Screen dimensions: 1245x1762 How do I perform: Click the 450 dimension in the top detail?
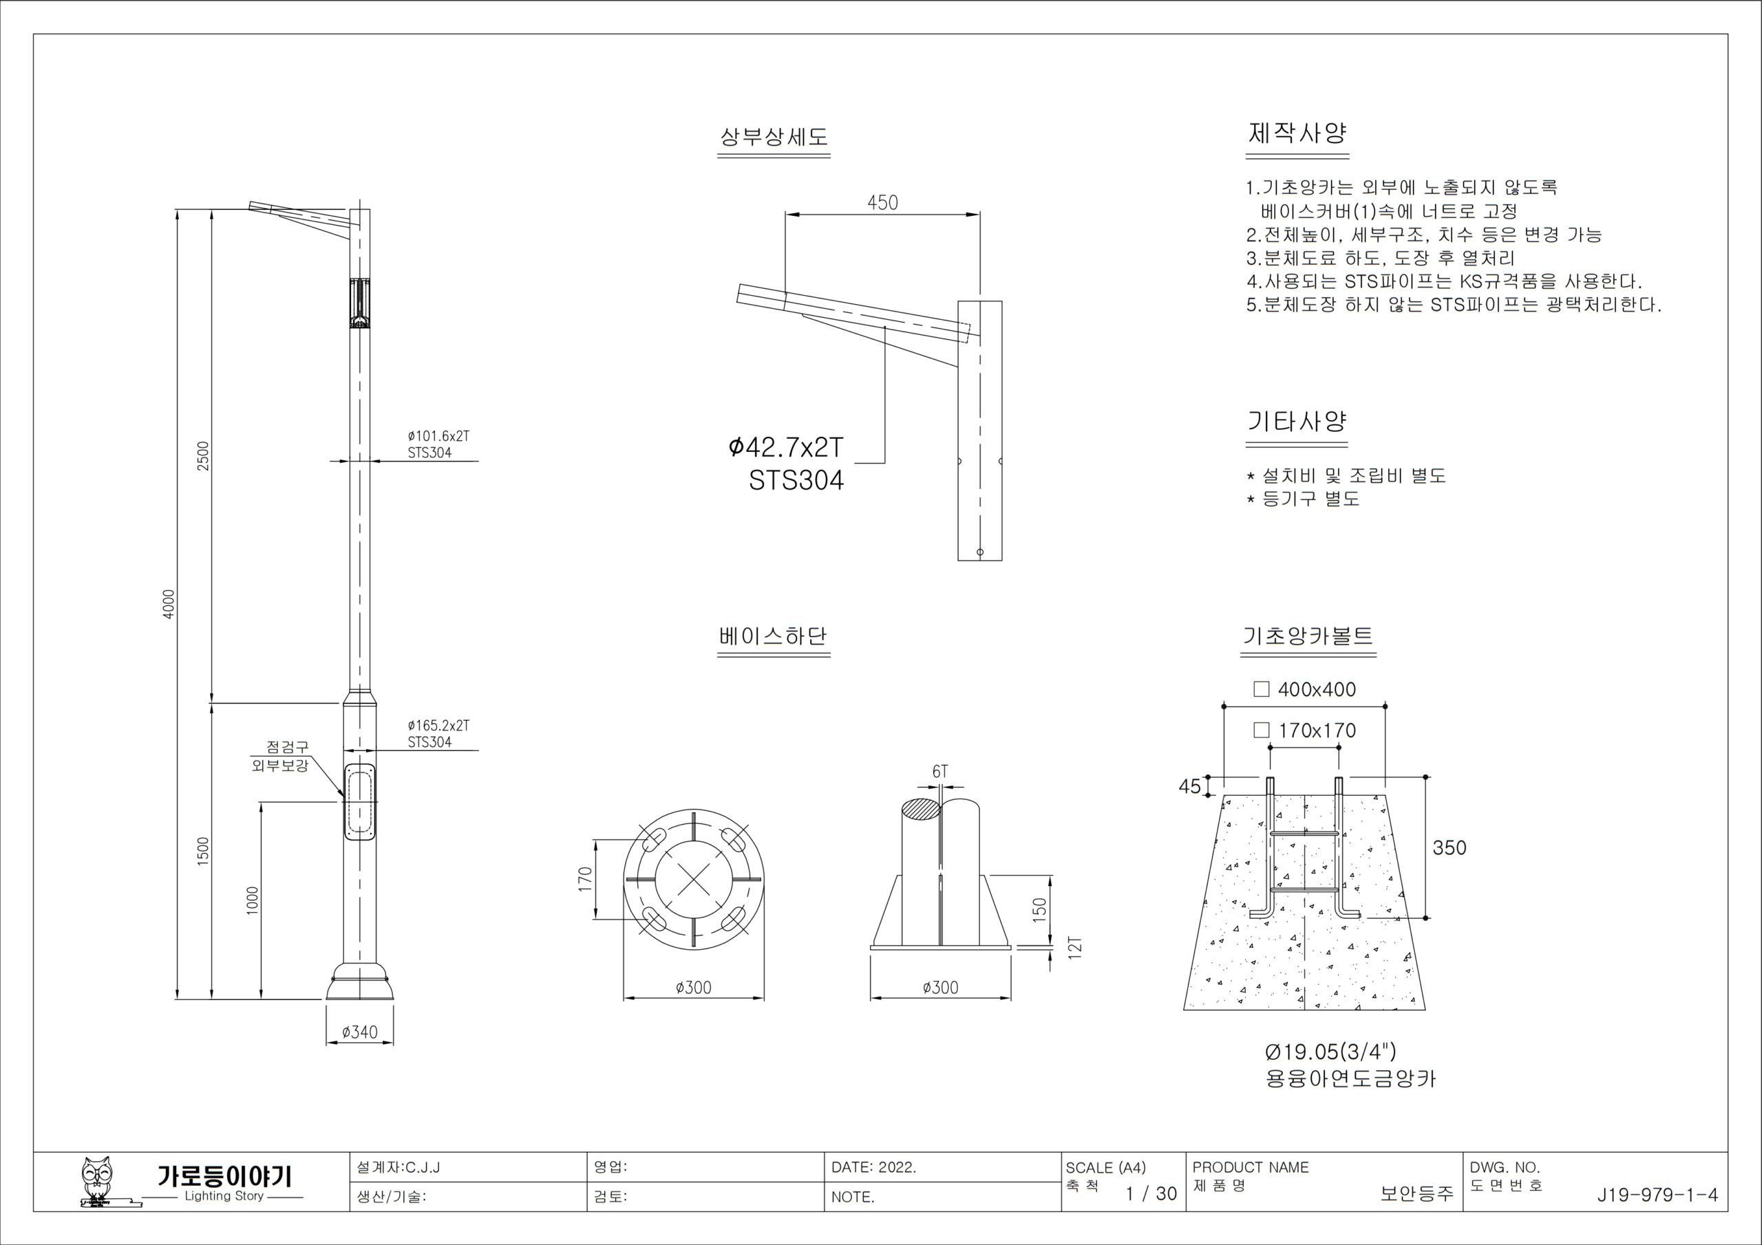[882, 202]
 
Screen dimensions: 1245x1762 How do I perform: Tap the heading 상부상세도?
[774, 137]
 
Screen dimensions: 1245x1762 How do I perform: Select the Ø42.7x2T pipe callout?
[786, 446]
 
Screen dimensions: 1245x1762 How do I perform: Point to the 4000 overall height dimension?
[169, 604]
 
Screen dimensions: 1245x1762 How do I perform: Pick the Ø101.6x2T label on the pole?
[438, 435]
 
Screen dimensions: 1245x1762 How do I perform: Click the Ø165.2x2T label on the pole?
[438, 725]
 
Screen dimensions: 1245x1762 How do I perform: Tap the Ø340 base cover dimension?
[359, 1032]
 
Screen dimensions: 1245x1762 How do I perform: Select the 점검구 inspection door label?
[287, 746]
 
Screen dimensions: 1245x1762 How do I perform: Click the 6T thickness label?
[940, 772]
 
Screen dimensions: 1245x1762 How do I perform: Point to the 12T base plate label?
[1074, 946]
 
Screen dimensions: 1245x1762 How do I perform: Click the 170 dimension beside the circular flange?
[586, 879]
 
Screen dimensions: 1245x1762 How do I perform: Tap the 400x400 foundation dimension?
[1316, 689]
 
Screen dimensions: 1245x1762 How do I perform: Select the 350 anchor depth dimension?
[1449, 847]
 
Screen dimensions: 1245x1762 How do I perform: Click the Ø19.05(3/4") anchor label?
[1330, 1051]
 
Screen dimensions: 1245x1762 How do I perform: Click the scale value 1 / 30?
[1150, 1193]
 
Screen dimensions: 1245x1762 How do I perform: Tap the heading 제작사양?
[1297, 133]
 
